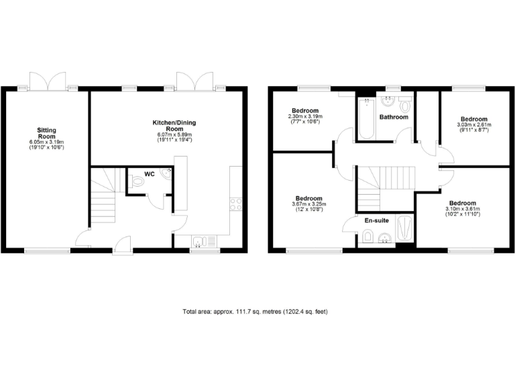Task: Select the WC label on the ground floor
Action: coord(150,174)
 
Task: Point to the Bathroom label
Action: coord(394,117)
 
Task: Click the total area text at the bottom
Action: coord(255,312)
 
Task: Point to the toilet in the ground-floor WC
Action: coord(137,180)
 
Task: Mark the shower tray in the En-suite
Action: coord(404,228)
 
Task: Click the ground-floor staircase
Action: coord(105,191)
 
